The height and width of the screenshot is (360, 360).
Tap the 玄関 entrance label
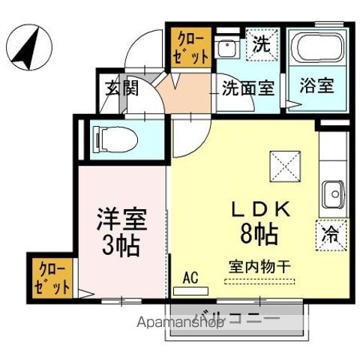[x=121, y=89]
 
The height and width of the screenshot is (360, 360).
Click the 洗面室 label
[x=247, y=87]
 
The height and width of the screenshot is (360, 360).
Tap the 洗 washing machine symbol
[x=262, y=43]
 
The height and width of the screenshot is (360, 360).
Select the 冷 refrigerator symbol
[x=331, y=233]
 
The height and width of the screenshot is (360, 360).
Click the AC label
[x=190, y=277]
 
